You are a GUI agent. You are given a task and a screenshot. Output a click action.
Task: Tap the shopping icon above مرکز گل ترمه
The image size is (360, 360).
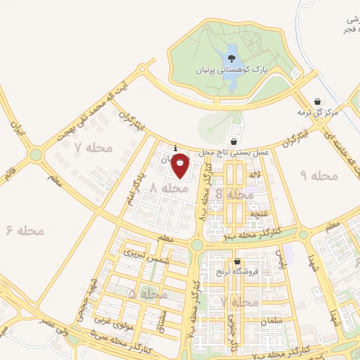point(318,101)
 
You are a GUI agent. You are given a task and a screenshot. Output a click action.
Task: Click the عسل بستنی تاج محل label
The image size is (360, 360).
point(243,152)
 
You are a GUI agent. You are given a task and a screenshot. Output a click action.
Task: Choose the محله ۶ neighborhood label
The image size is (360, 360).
point(25,230)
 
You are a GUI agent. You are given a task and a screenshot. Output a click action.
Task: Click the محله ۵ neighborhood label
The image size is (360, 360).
point(143,292)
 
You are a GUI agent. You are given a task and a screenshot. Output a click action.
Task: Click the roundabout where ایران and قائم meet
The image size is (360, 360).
point(35,154)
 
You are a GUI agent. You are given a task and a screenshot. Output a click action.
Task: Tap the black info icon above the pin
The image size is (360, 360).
point(174,148)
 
